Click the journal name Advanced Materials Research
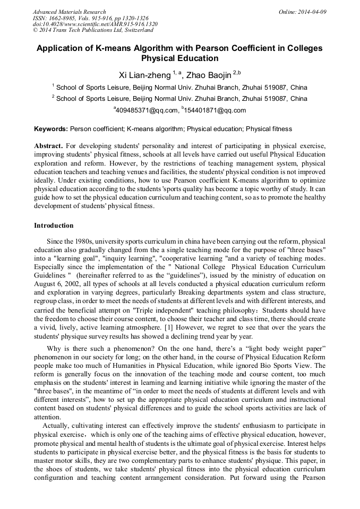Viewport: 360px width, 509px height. pyautogui.click(x=69, y=12)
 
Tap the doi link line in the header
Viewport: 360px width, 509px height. pyautogui.click(x=95, y=24)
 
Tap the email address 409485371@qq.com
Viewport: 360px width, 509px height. pyautogui.click(x=146, y=110)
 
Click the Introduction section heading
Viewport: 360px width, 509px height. pyautogui.click(x=54, y=226)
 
